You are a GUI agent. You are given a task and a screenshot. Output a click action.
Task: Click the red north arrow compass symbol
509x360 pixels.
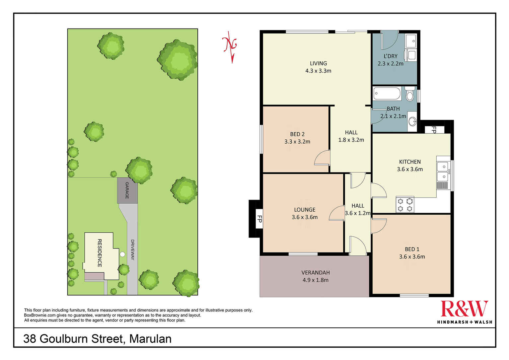(x=230, y=46)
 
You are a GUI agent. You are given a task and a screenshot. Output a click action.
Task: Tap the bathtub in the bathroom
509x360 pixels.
(x=387, y=93)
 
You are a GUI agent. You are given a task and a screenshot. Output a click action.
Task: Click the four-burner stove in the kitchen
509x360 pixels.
(x=405, y=204)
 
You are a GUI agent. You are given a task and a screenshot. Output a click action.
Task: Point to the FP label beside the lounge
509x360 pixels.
(x=259, y=219)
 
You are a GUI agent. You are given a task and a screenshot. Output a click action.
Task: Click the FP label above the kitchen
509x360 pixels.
(x=433, y=130)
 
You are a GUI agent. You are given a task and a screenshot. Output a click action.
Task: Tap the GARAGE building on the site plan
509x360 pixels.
(x=127, y=190)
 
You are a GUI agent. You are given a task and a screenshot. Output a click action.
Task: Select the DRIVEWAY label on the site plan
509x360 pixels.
(x=132, y=250)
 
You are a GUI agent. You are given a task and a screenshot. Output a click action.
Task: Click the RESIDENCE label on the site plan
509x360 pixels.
(x=99, y=253)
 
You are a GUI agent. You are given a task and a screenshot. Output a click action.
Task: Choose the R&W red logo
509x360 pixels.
(x=464, y=309)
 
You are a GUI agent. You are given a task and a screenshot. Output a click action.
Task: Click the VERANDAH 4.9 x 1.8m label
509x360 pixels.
(x=315, y=276)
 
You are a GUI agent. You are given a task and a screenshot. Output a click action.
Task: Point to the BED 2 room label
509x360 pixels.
(x=297, y=134)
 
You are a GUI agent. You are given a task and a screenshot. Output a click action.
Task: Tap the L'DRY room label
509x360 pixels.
(x=390, y=56)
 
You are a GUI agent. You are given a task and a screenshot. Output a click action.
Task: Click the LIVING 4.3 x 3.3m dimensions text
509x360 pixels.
(x=318, y=71)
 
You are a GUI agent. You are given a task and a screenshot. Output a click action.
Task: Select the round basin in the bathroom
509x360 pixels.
(x=412, y=122)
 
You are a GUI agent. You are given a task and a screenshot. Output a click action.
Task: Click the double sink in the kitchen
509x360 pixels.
(x=442, y=171)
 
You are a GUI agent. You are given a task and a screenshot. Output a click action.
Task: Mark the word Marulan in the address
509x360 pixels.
(x=150, y=339)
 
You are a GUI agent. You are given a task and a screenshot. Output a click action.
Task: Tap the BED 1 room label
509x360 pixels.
(x=412, y=249)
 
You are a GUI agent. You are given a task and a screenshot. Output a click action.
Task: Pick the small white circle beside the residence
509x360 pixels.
(x=122, y=254)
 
